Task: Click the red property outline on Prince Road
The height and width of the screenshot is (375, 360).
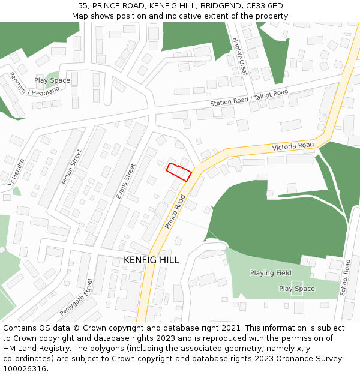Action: pyautogui.click(x=179, y=172)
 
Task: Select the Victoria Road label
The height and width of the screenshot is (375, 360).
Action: pyautogui.click(x=293, y=146)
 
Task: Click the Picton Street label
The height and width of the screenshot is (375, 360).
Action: pyautogui.click(x=71, y=167)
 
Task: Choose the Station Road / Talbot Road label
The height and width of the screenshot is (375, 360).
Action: pyautogui.click(x=249, y=98)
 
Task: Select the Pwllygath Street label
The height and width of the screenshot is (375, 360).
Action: pyautogui.click(x=77, y=297)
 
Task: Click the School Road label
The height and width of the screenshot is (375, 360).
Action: pyautogui.click(x=344, y=278)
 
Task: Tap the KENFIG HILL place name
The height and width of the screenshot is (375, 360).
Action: pyautogui.click(x=151, y=260)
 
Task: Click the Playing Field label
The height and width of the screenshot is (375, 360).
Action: pyautogui.click(x=271, y=273)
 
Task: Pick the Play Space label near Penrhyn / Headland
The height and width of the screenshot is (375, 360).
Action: pyautogui.click(x=52, y=80)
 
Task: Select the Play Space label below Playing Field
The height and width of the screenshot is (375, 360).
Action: pyautogui.click(x=296, y=289)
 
